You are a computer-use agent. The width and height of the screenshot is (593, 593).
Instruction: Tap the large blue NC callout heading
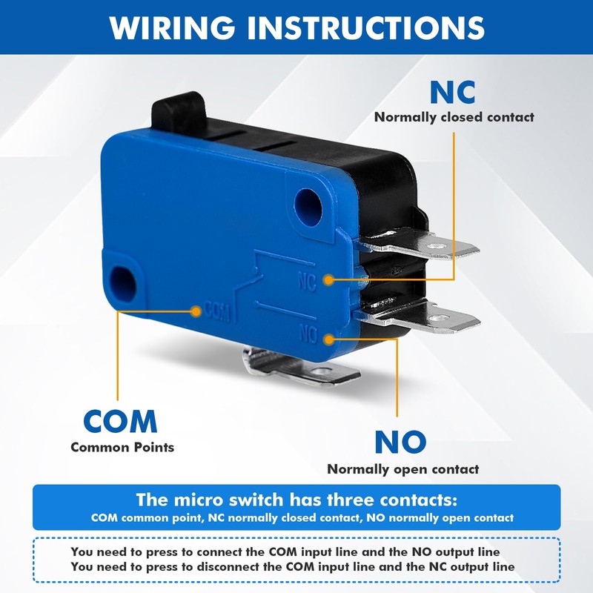(453, 92)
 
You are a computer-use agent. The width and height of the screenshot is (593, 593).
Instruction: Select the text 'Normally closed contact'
(454, 117)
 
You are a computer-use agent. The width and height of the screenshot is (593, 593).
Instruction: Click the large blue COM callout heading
(120, 421)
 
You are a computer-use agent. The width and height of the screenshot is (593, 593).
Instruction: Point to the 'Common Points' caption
(122, 447)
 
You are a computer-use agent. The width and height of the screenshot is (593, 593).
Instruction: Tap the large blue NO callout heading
(400, 442)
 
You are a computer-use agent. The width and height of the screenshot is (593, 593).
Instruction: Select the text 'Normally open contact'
(402, 468)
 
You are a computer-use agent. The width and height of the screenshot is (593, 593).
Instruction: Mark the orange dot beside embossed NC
(329, 279)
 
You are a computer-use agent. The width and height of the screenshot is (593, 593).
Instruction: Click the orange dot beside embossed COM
(196, 311)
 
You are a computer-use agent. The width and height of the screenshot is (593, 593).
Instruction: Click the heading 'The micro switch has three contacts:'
(296, 499)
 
